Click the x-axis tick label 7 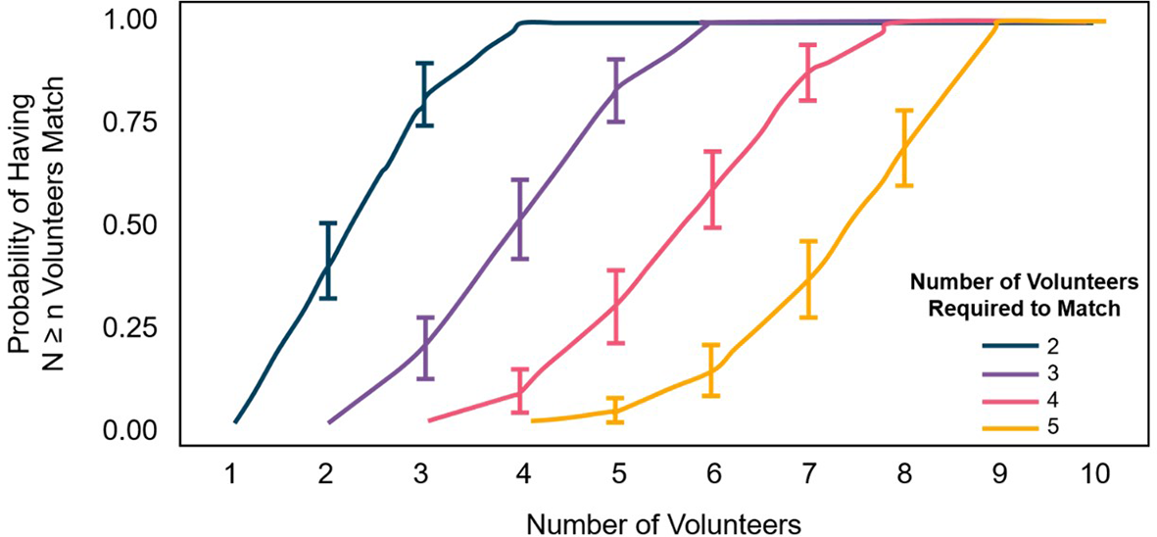[x=808, y=474]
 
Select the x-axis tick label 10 [x=1094, y=474]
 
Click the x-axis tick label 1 [x=231, y=474]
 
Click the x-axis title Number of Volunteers [x=663, y=522]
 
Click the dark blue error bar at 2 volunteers [x=328, y=261]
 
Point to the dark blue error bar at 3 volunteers [x=424, y=94]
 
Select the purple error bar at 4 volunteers [x=520, y=220]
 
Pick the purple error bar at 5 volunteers [x=616, y=90]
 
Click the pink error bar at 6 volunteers [x=713, y=190]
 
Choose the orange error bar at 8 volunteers [x=904, y=148]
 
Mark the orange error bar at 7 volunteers [x=808, y=279]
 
